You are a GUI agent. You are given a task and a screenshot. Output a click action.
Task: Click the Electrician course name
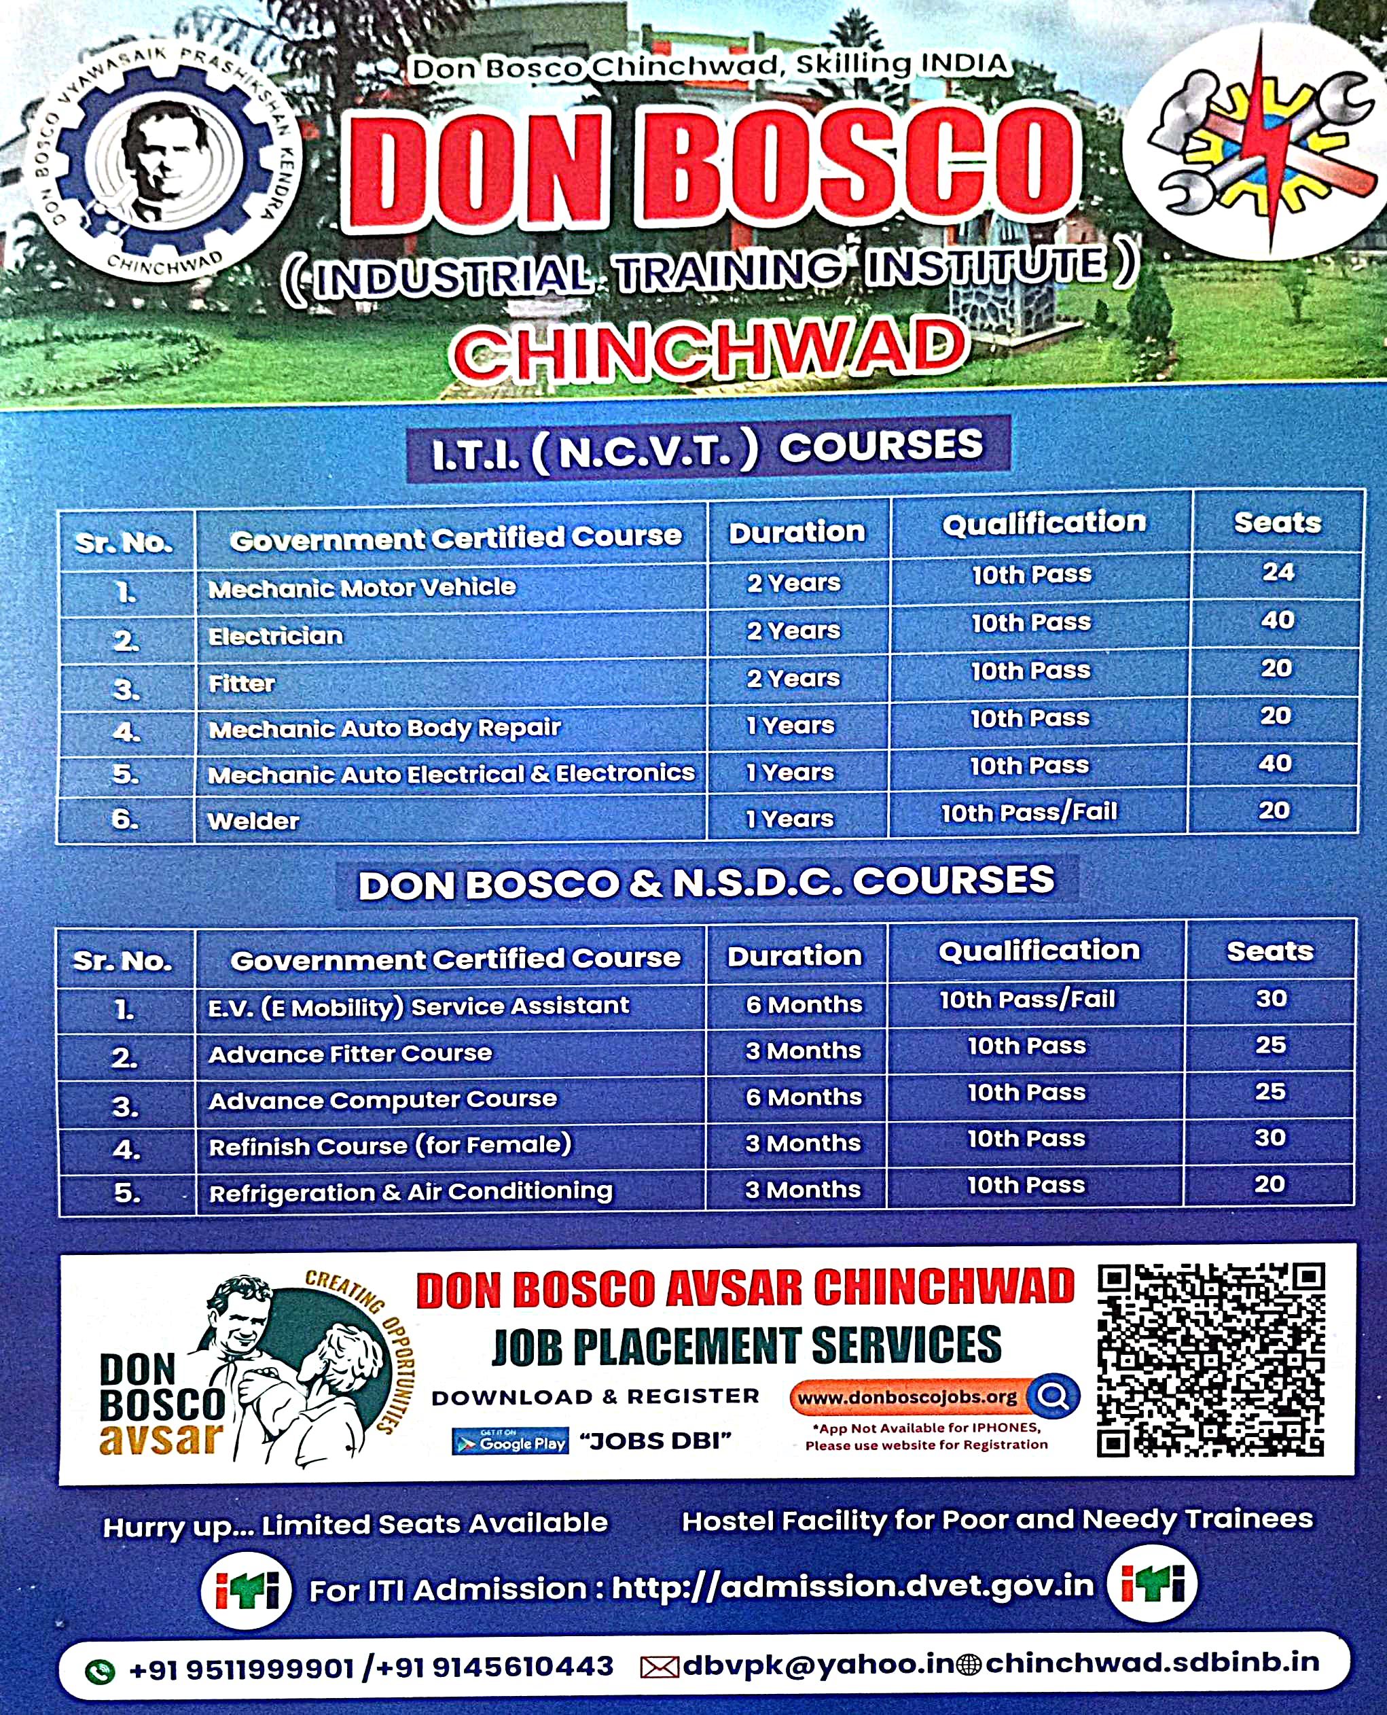276,636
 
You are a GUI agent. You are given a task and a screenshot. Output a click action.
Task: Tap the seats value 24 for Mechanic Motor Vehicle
1278,572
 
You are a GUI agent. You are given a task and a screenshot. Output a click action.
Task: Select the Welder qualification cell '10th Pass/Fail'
1029,813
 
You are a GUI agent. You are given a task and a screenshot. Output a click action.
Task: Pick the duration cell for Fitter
793,679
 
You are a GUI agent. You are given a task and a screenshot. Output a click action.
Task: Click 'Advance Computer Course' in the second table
382,1099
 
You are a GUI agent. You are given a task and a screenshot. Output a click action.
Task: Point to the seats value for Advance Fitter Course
1270,1045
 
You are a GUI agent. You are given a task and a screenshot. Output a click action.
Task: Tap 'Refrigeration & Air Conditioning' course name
411,1192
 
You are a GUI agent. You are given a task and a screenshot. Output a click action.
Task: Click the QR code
1210,1360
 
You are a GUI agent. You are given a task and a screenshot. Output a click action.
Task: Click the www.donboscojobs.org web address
907,1398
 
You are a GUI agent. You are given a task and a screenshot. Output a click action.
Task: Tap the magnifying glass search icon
1053,1396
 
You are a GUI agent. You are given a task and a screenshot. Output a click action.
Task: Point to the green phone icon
101,1671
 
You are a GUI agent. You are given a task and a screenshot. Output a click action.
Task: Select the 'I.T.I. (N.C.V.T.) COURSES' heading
708,449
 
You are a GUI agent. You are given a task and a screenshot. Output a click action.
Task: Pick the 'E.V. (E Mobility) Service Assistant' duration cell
804,1004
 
